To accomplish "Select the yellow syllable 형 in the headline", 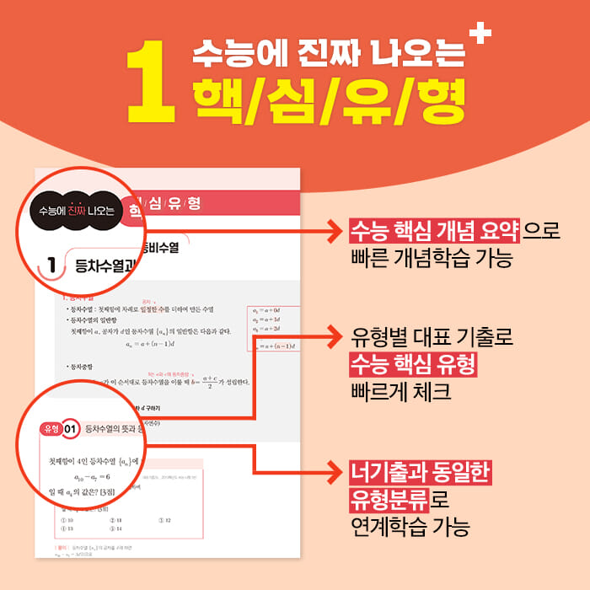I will pyautogui.click(x=435, y=99).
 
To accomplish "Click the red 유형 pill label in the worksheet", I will pyautogui.click(x=50, y=429).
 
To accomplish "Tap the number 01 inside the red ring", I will pyautogui.click(x=71, y=429).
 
